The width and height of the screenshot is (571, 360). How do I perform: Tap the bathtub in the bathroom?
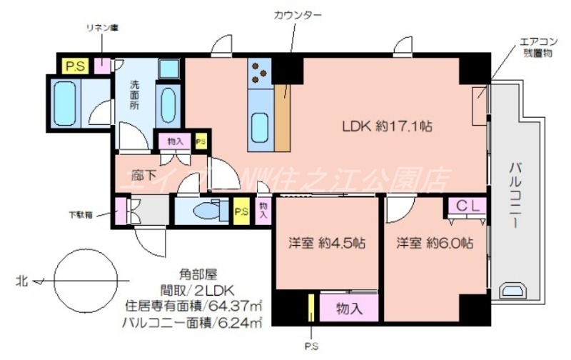65,104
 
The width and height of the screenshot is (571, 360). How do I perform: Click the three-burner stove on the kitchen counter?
258,71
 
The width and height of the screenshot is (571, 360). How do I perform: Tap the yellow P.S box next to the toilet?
241,211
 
